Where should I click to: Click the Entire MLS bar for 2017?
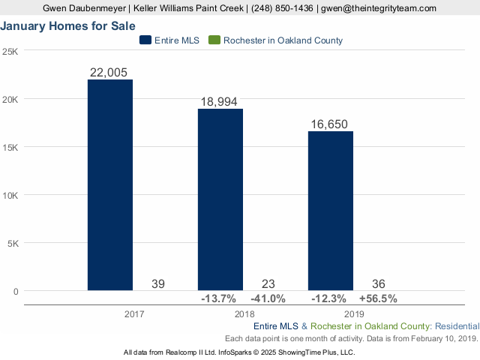[110, 184]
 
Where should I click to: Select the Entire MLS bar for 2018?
[220, 199]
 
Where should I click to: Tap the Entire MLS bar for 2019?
[331, 211]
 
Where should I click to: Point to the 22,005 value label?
[110, 72]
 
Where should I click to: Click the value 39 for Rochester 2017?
[158, 283]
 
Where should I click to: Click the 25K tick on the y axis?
[11, 51]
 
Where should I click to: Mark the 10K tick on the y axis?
[11, 195]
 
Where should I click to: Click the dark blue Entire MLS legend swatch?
[145, 40]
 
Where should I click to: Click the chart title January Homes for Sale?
[68, 25]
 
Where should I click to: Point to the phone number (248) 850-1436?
[277, 7]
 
